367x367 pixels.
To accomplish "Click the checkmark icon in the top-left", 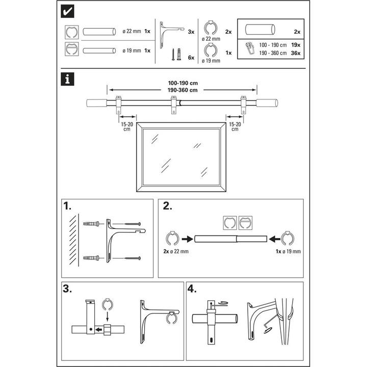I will [66, 11].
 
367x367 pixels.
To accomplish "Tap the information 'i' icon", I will [66, 79].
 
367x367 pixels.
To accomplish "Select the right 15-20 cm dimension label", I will [234, 126].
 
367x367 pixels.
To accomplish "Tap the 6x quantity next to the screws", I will [191, 58].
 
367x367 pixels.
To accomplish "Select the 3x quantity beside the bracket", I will [191, 32].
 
